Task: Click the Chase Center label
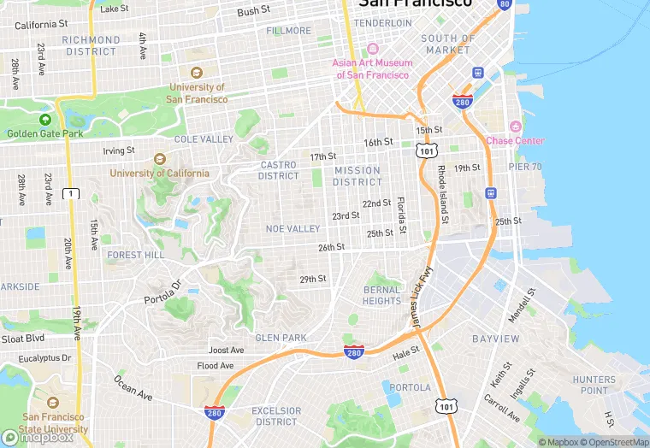(514, 140)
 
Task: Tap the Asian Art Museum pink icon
(372, 49)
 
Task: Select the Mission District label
(357, 176)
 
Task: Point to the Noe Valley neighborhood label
(292, 228)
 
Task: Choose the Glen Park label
(281, 338)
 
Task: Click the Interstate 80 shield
(504, 4)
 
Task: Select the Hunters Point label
(594, 385)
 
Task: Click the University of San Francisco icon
(197, 74)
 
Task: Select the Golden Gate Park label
(45, 133)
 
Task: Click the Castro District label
(279, 170)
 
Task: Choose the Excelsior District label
(276, 416)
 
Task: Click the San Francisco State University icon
(52, 403)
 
